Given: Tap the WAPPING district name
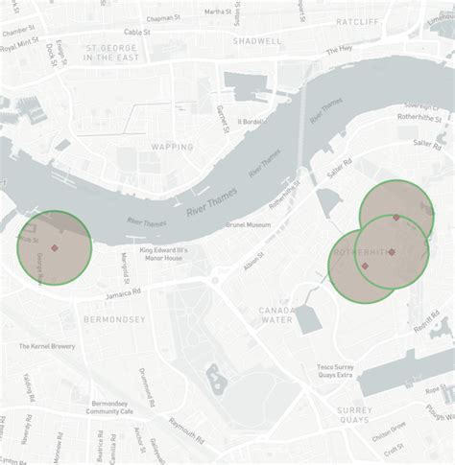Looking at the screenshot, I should coord(172,147).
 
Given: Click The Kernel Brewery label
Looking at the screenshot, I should coord(47,346).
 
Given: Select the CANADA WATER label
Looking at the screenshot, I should coord(275,315).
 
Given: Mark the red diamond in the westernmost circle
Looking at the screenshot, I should coord(56,248).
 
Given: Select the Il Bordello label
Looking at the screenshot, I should coord(251,122).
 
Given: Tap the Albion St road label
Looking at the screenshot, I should coord(253,261).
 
